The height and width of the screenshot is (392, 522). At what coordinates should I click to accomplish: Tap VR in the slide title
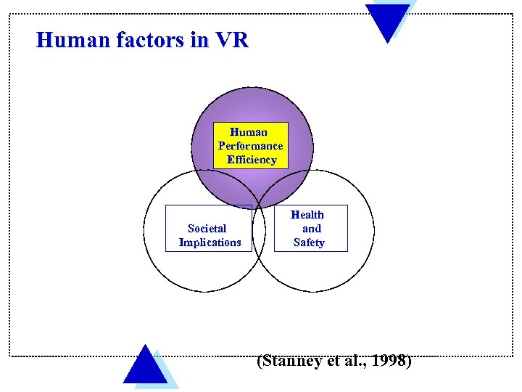coord(232,40)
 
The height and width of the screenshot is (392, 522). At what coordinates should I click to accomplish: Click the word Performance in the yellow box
coord(251,146)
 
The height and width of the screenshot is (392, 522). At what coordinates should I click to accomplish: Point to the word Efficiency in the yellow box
coord(252,160)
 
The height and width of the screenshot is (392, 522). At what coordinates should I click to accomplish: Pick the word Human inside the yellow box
coord(249,132)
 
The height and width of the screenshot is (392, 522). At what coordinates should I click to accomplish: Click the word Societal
coord(207,229)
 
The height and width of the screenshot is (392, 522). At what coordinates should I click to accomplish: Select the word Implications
coord(210,242)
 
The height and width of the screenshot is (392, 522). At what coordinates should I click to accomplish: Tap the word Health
coord(307,215)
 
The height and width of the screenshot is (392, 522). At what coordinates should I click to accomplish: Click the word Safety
coord(309,242)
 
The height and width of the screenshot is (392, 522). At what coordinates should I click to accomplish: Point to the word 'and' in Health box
coord(312,229)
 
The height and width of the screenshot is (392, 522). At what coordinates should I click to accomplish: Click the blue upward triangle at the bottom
coord(146,367)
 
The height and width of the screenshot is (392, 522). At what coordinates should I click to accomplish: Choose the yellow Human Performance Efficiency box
coord(252,146)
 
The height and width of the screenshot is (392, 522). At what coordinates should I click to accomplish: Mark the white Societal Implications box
coord(209,228)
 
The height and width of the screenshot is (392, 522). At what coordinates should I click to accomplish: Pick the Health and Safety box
coord(310,228)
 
